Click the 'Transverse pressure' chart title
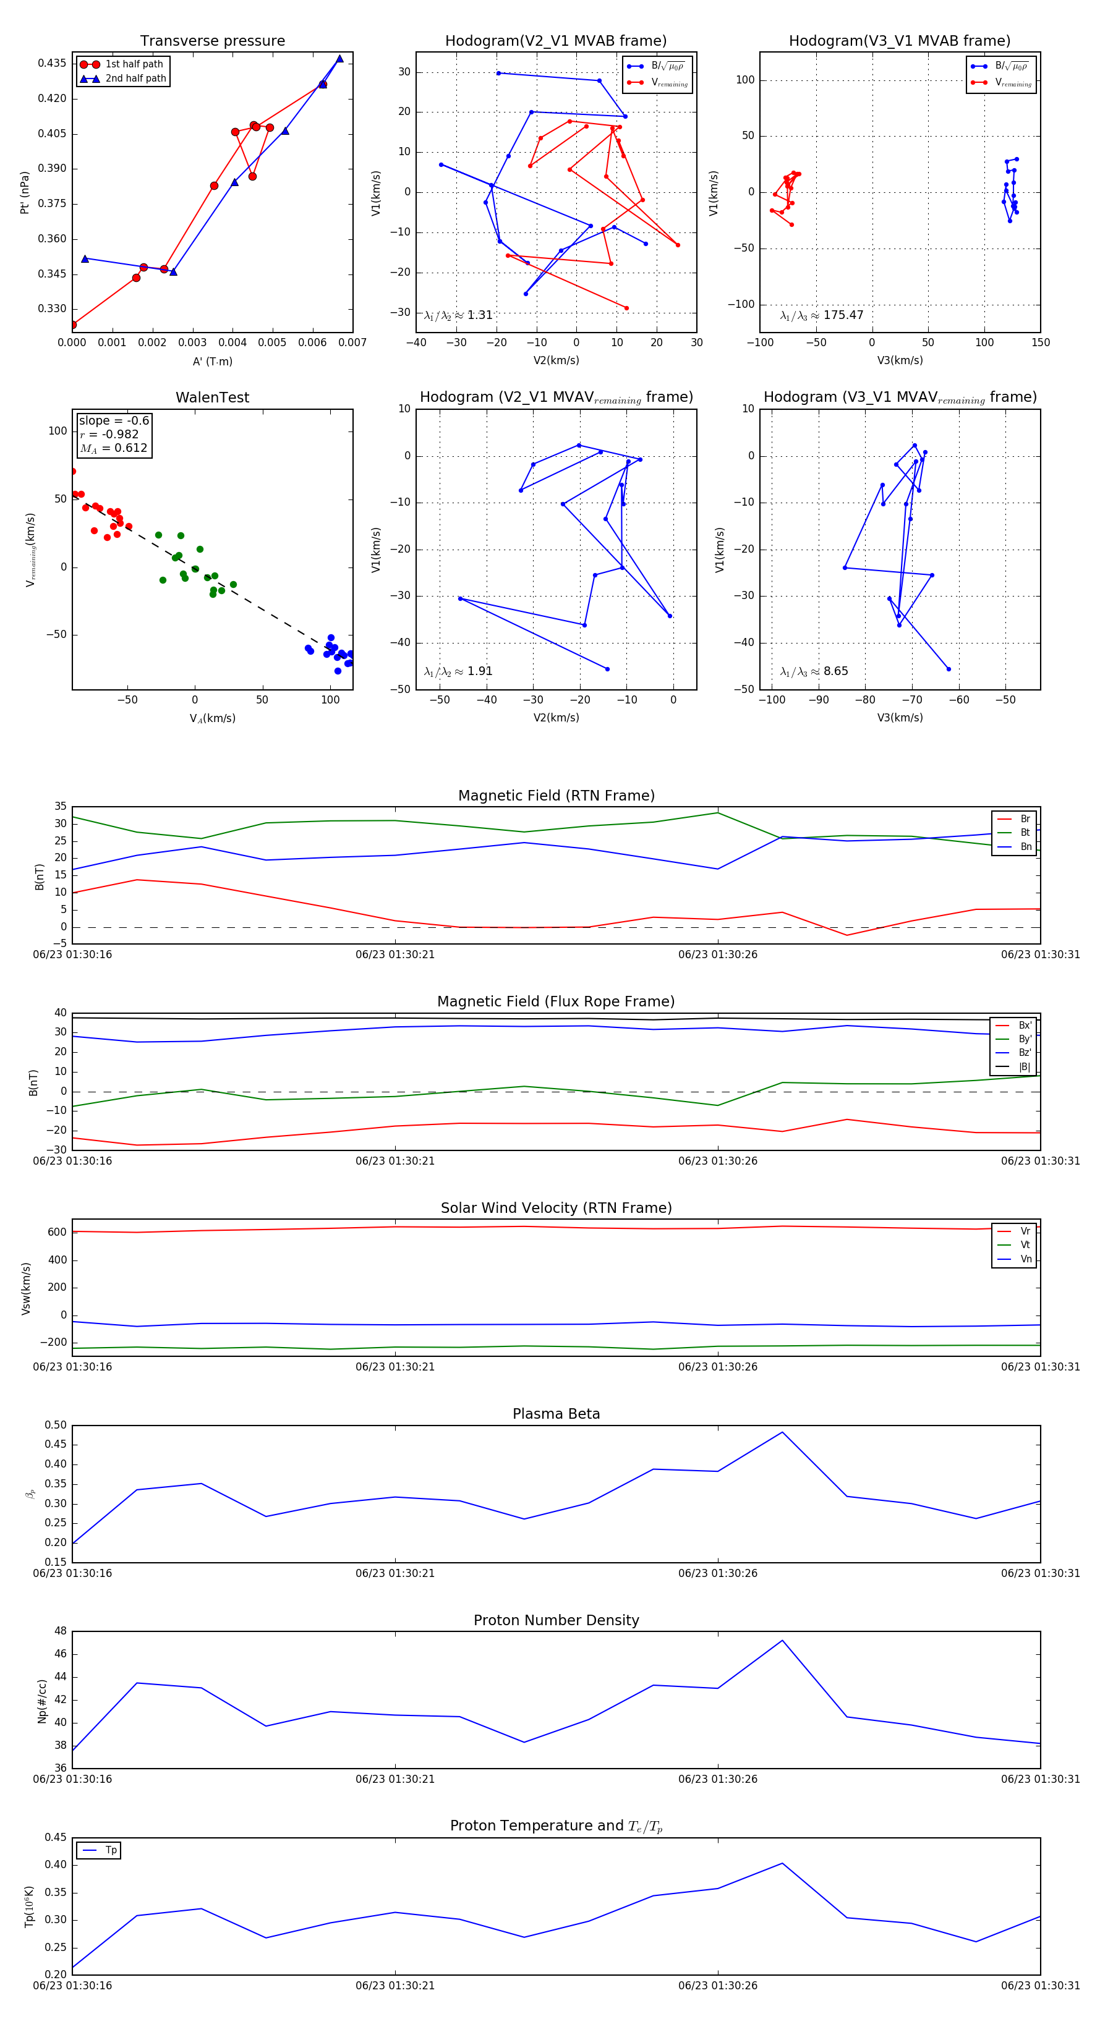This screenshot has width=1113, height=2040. point(212,41)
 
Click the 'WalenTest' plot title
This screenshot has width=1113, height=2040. point(212,397)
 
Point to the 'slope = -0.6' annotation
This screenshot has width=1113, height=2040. point(114,420)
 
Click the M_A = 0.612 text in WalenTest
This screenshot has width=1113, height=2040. point(114,448)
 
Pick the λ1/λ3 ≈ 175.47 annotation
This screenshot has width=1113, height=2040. point(822,315)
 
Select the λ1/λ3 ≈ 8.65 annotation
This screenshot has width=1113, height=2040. point(814,671)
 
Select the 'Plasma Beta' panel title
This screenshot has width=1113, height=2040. point(556,1414)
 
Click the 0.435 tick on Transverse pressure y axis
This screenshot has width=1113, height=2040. point(53,63)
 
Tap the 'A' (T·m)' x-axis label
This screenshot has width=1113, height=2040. point(212,361)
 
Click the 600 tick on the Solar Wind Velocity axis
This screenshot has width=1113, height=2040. point(57,1232)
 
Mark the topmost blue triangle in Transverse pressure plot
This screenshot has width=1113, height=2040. point(340,59)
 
